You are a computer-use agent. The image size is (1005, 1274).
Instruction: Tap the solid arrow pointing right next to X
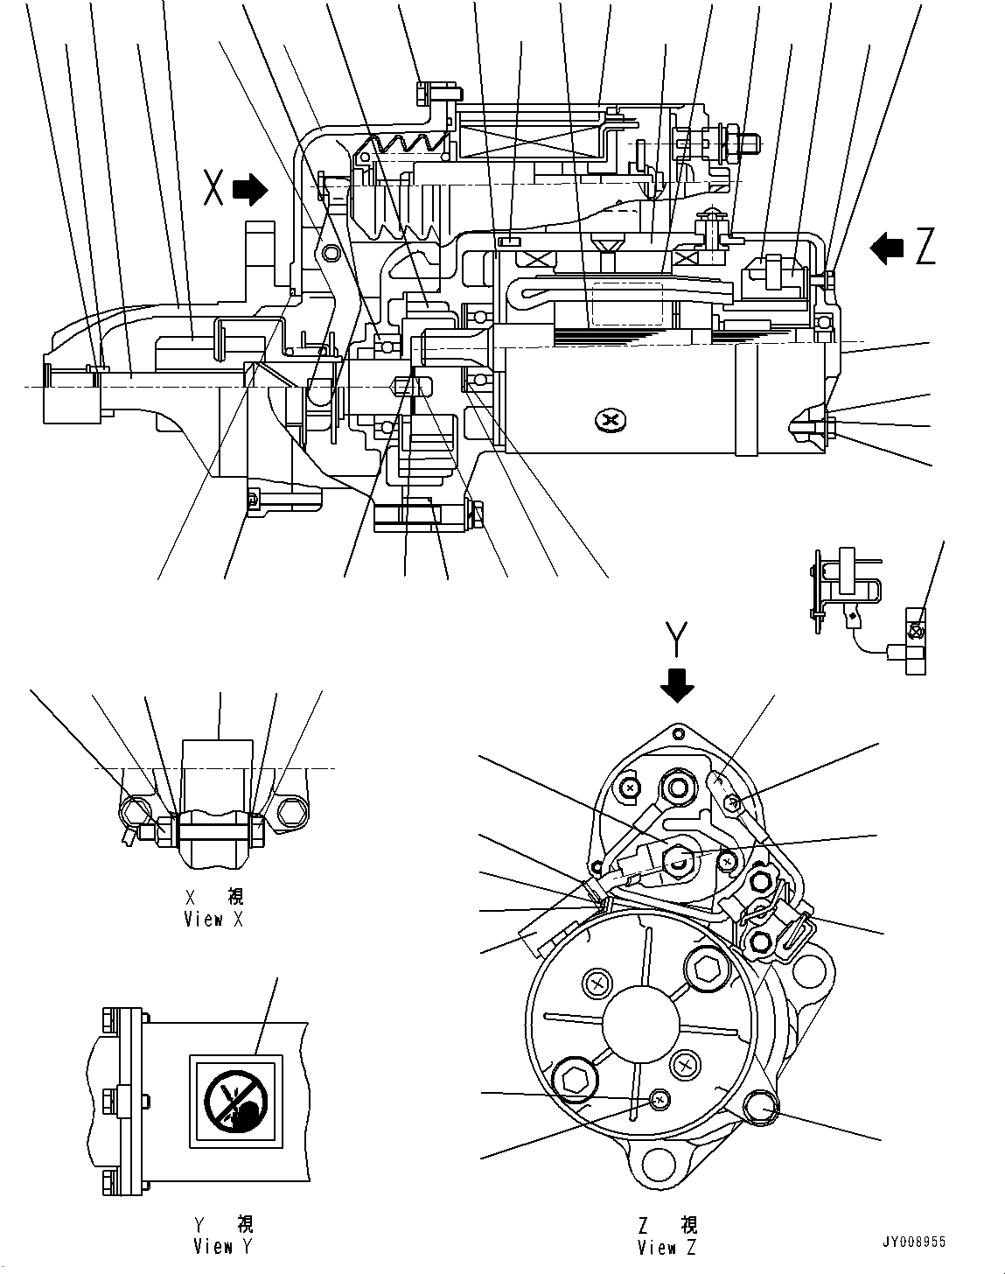(252, 189)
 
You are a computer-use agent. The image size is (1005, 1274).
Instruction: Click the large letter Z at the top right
(925, 248)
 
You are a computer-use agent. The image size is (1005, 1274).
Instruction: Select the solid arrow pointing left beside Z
(888, 248)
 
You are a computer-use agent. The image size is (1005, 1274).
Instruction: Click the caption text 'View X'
(213, 920)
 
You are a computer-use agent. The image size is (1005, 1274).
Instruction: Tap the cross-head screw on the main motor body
(610, 422)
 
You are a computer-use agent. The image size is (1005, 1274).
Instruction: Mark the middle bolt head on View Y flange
(110, 1096)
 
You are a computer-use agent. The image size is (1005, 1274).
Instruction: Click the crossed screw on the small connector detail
(916, 631)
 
